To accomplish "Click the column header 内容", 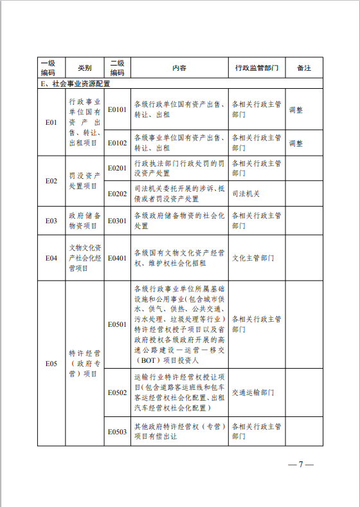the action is tap(179, 68).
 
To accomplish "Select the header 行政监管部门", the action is tap(256, 68).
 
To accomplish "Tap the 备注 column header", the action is tap(304, 68).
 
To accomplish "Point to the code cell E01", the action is tap(51, 122).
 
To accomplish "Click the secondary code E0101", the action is tap(117, 109).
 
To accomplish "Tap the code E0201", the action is tap(117, 169).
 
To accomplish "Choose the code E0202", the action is tap(117, 193).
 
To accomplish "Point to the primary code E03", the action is tap(51, 221).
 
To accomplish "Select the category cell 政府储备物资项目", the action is tap(84, 221).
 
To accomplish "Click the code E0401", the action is tap(117, 258).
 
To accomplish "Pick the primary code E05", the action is tap(51, 364).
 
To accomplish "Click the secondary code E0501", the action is tap(117, 324).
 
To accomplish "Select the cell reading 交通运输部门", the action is tap(253, 391).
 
